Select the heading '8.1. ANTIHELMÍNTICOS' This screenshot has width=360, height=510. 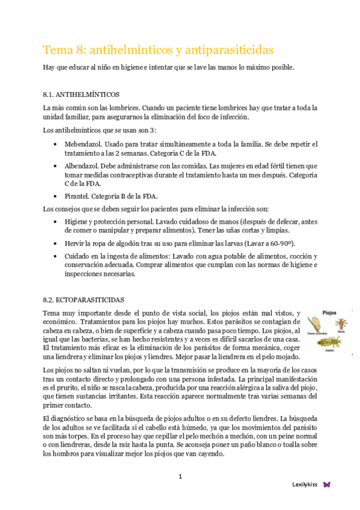coord(81,94)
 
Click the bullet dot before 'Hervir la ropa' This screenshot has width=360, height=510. coord(55,244)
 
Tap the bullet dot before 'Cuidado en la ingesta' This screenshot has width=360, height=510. coord(55,256)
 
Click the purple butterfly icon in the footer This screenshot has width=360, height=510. coord(327,484)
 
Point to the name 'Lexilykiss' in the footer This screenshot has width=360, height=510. coord(305,484)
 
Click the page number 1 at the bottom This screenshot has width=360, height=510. coord(180,477)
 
